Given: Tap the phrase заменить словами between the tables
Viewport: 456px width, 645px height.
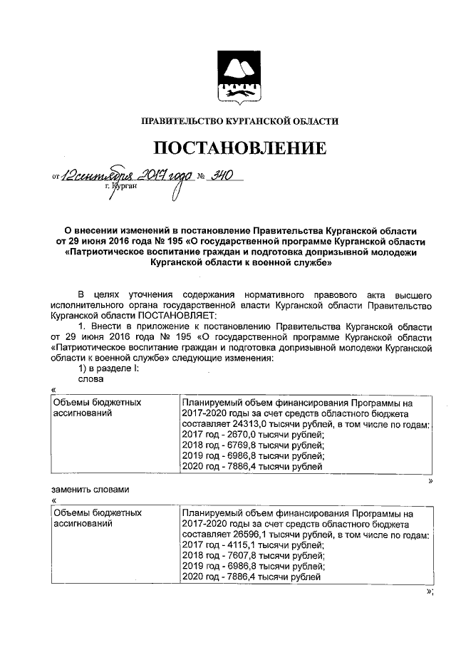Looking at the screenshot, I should tap(90, 490).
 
